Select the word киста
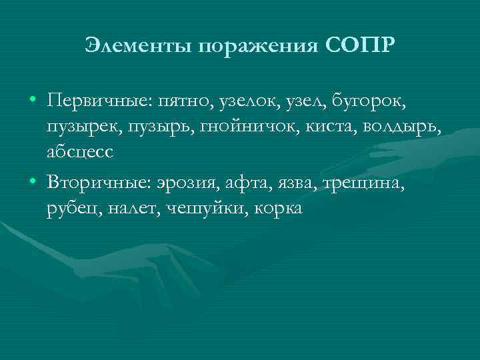click(333, 127)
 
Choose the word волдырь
click(401, 127)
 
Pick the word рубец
click(69, 209)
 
